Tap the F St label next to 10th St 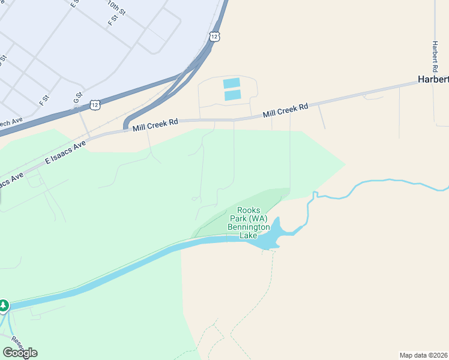[113, 20]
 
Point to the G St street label [77, 97]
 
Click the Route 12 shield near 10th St [214, 37]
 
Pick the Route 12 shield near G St [95, 105]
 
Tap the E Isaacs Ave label [66, 152]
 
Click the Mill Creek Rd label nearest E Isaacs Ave [155, 125]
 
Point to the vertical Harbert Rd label [434, 56]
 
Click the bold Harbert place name [433, 80]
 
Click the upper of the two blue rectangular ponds [232, 83]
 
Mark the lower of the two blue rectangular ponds [232, 95]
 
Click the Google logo [20, 353]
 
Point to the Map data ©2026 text [424, 355]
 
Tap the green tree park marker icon [4, 305]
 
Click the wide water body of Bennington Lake [270, 238]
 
